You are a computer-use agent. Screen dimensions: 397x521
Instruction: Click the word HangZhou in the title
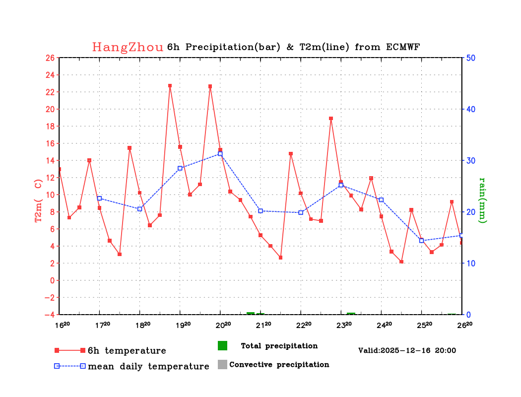128,47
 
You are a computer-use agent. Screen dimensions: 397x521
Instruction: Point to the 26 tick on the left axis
50,58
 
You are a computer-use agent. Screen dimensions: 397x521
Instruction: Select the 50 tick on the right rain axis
470,58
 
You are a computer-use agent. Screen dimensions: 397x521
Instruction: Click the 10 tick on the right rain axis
470,263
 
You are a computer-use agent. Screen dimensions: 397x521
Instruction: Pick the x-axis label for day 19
182,325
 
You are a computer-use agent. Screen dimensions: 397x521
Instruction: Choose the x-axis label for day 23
343,325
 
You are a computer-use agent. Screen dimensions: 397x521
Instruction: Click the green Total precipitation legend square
222,345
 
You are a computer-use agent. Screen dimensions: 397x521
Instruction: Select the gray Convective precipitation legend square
222,364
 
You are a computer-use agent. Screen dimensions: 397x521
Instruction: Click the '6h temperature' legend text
127,351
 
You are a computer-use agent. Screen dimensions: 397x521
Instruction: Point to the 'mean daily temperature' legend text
148,367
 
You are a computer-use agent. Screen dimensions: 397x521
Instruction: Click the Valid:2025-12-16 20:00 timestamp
407,350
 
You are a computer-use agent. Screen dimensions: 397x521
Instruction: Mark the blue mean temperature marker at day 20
220,154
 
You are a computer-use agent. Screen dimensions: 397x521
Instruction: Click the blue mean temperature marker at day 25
422,241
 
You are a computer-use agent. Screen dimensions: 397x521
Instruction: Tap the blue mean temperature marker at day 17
99,198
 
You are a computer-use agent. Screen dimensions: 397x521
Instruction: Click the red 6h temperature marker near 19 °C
331,119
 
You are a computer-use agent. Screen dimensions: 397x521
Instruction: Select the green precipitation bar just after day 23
351,314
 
